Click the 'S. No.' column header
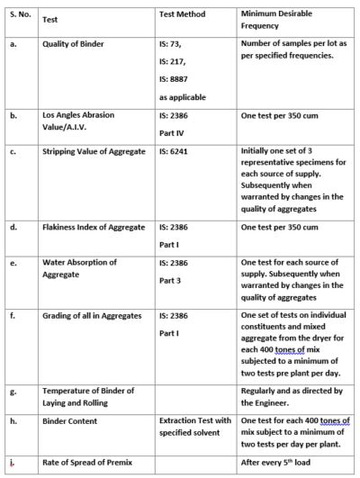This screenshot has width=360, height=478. coord(22,16)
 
